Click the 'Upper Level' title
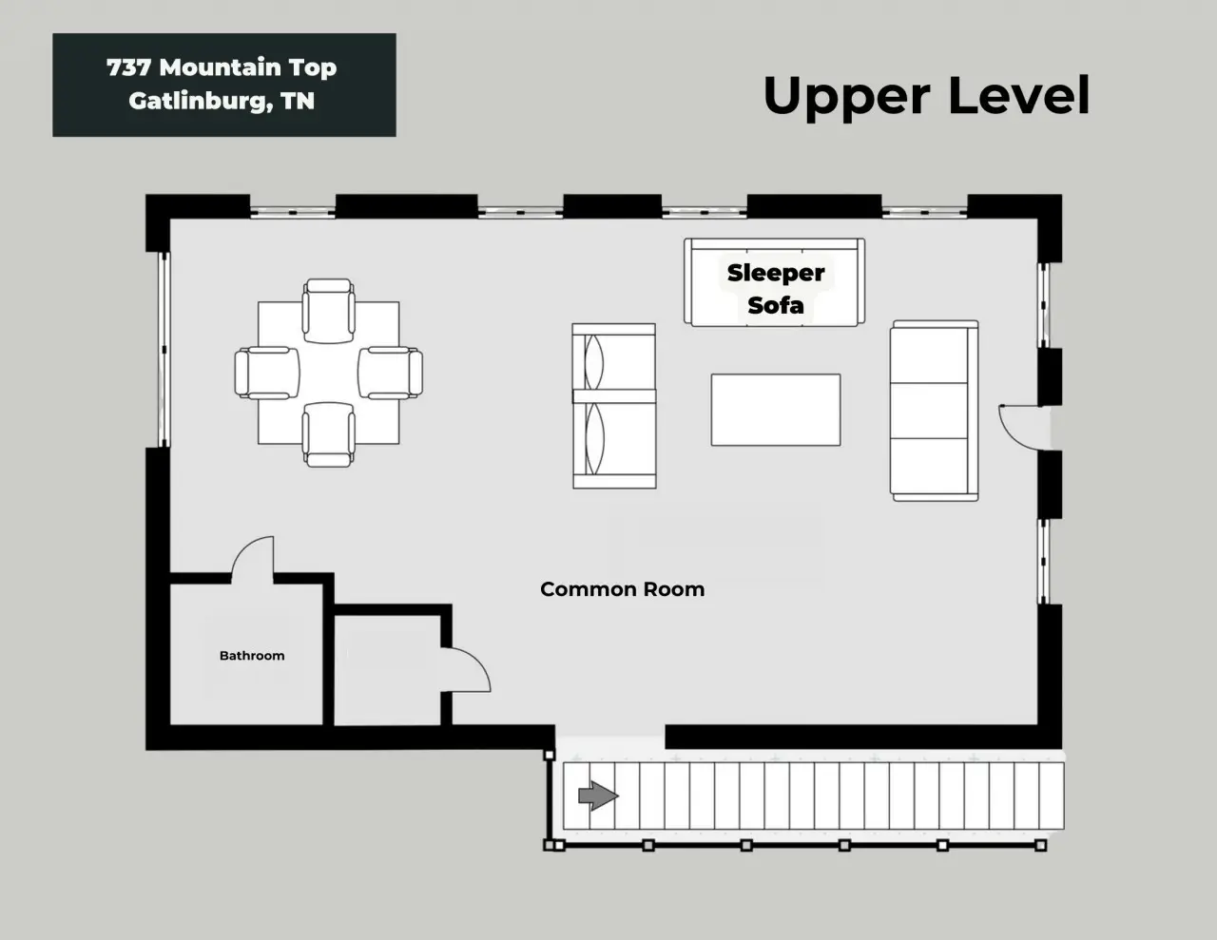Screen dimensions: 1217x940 926,97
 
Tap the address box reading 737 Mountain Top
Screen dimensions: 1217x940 224,85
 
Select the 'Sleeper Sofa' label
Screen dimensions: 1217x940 776,289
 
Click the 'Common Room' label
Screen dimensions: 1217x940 622,589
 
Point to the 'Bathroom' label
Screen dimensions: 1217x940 252,656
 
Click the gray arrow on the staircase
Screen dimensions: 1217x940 598,795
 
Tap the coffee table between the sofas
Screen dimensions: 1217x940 776,410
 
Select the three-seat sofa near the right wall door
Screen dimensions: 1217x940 935,411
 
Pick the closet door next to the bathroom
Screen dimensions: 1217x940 465,669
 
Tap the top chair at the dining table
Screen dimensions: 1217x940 329,311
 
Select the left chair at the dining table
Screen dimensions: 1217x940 267,373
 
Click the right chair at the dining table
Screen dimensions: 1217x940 391,373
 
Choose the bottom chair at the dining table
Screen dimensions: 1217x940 329,434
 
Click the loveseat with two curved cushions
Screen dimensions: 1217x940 614,406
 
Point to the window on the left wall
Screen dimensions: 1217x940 164,350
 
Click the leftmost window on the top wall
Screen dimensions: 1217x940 292,212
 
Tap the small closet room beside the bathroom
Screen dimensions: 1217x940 387,670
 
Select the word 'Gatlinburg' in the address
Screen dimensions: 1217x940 197,101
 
